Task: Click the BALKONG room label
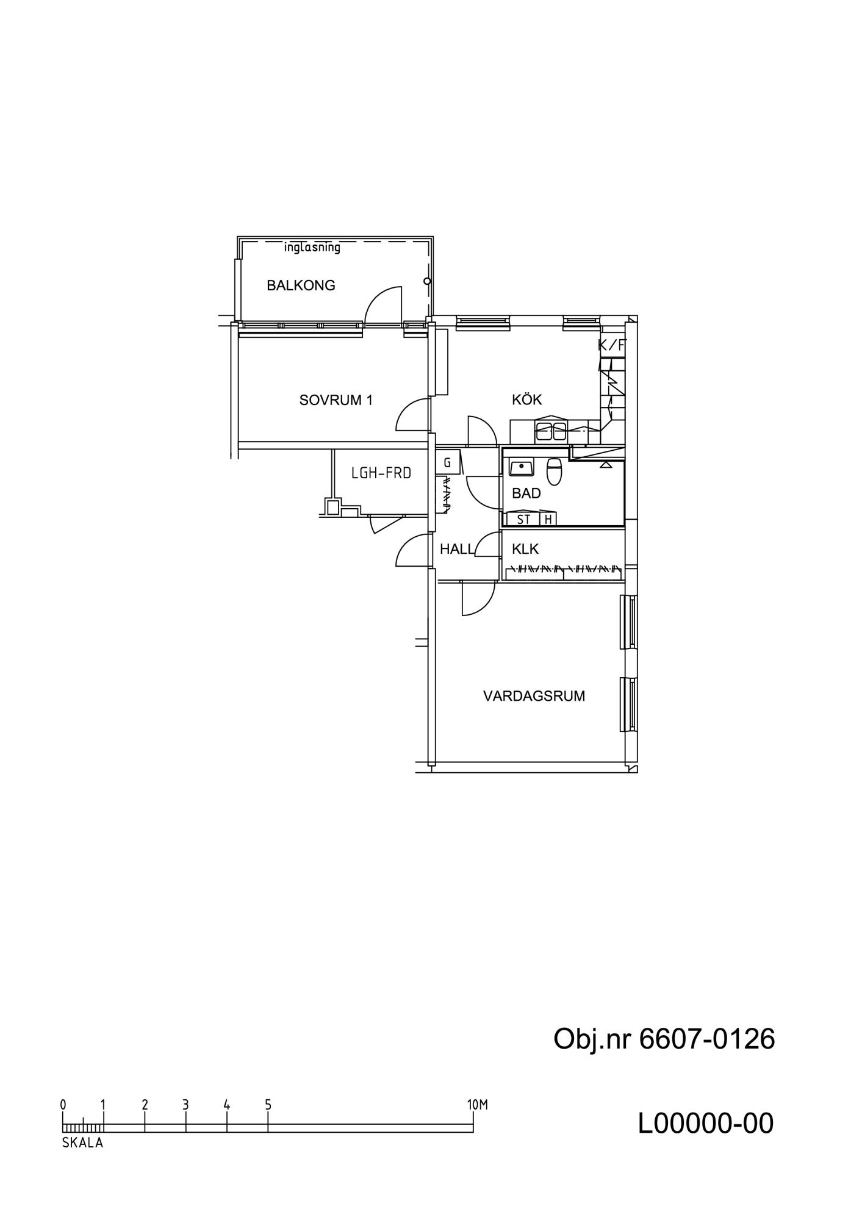(x=301, y=285)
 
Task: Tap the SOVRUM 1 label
(x=336, y=400)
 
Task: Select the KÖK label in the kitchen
(x=527, y=400)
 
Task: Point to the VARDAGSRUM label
(x=534, y=696)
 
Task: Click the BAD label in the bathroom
(x=526, y=493)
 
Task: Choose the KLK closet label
(x=525, y=549)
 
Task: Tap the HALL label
(x=457, y=549)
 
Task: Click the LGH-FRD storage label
(x=381, y=473)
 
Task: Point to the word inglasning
(x=312, y=248)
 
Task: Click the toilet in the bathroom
(x=554, y=471)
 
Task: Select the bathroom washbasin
(x=522, y=468)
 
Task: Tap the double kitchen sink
(x=551, y=431)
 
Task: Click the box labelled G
(x=447, y=463)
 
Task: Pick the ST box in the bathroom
(x=523, y=519)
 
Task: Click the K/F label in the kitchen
(x=612, y=345)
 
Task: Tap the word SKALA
(x=82, y=1143)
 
